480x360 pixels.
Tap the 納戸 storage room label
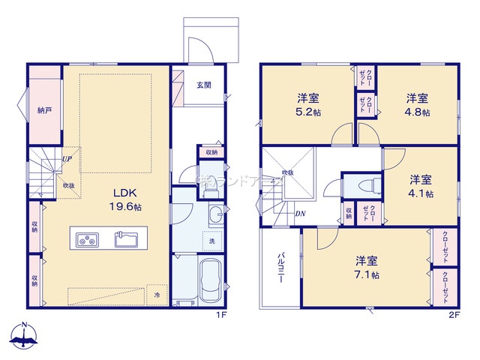click(x=45, y=111)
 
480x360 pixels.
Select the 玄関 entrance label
click(x=204, y=85)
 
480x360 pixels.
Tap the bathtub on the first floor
click(x=209, y=280)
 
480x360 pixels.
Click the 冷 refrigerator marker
click(x=157, y=295)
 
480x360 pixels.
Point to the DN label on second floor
click(x=299, y=214)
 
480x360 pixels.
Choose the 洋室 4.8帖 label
click(x=418, y=104)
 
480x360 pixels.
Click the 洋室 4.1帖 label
click(x=420, y=185)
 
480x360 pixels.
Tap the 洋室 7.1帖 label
click(x=366, y=267)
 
